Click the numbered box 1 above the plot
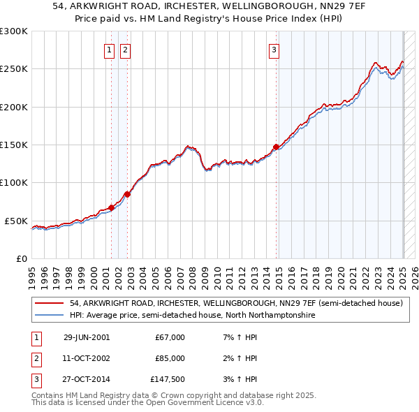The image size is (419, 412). tap(110, 50)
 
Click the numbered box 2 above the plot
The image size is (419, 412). tap(125, 50)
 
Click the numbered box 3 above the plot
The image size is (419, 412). tap(274, 50)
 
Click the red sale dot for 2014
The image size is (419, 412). tap(276, 147)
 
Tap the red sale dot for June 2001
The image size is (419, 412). tap(111, 207)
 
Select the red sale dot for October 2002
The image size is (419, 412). tap(127, 194)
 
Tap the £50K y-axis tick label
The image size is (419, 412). tap(16, 221)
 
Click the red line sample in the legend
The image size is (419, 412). tap(49, 304)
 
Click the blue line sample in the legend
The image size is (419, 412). tap(49, 316)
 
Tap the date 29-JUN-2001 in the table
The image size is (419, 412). tap(87, 337)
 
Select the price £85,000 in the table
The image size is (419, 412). tap(170, 358)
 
